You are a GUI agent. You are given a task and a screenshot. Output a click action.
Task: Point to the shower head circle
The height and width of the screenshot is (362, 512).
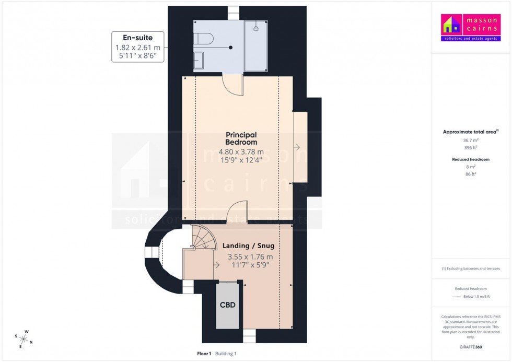point(256,29)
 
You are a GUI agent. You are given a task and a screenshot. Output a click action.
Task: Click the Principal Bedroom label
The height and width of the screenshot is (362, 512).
point(241,138)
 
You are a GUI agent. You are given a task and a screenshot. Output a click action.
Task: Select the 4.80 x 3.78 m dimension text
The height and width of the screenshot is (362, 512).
point(241,152)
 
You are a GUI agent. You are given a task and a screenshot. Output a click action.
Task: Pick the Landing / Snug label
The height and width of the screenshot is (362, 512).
point(248,246)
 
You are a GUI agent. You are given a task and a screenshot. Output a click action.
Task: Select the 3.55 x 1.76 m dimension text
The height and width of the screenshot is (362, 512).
point(250,256)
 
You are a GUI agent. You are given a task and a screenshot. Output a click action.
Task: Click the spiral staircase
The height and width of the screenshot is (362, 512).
point(201,238)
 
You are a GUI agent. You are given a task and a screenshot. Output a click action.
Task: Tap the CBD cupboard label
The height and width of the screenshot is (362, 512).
point(227,305)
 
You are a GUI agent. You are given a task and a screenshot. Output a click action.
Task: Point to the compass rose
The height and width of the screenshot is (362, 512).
point(24,339)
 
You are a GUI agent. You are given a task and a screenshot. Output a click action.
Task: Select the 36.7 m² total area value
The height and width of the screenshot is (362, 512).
point(471,141)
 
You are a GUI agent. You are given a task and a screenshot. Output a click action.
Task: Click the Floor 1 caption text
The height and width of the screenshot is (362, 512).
point(204,354)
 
